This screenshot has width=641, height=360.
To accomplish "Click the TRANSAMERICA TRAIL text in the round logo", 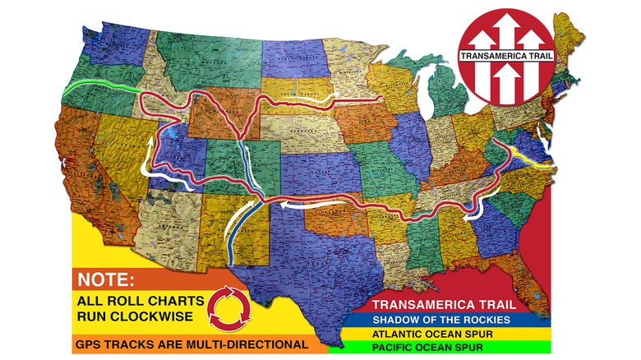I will coord(507,58).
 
